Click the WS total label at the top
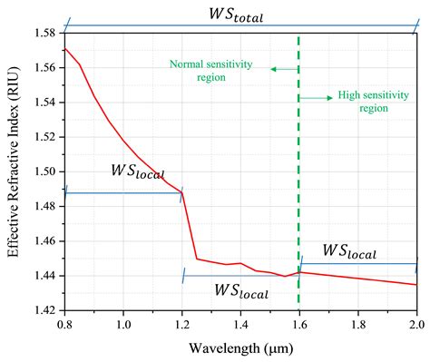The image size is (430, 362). (241, 15)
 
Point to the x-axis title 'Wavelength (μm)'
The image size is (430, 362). (240, 349)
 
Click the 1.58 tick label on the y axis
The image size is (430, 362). (43, 33)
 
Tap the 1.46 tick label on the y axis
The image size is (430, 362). (43, 240)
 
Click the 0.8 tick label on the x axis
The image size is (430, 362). (64, 324)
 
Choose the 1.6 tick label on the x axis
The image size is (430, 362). (299, 324)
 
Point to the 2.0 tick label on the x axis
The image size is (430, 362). (416, 324)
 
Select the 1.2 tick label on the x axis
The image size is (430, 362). (182, 324)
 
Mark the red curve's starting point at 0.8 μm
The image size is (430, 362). (65, 48)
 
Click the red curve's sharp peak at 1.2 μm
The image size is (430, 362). (182, 191)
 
